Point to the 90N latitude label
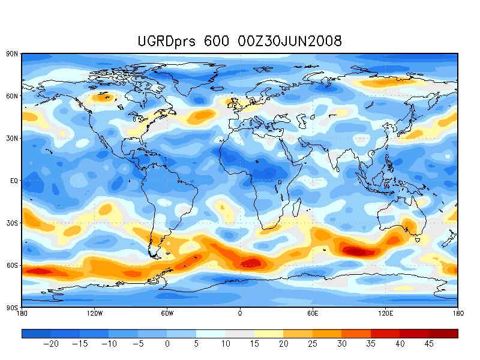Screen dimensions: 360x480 [13, 54]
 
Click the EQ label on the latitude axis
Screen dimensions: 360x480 [14, 181]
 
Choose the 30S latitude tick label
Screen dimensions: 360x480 [13, 223]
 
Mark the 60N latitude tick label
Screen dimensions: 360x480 [13, 96]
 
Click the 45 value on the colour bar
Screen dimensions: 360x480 [428, 344]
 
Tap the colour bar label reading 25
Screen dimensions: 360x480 [313, 344]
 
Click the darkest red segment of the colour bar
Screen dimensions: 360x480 [443, 334]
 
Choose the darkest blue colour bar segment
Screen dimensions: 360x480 [36, 334]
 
